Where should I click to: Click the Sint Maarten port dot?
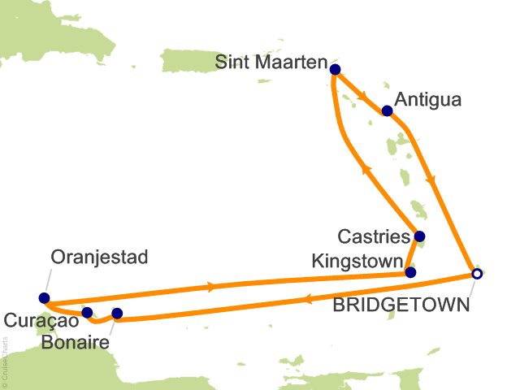coord(335,70)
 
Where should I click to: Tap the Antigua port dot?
coord(387,110)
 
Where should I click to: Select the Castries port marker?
coord(419,238)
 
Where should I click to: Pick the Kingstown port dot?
coord(410,272)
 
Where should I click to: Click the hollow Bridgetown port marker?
coord(477,274)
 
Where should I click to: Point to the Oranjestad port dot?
coord(43,297)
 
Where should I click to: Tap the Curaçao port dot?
coord(87,312)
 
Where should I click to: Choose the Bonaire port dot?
coord(116,313)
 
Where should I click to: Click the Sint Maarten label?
coord(272,63)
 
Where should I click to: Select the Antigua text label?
coord(427,100)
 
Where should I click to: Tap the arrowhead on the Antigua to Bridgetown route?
coord(439,182)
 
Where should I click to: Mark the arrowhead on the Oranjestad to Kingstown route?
coord(214,286)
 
